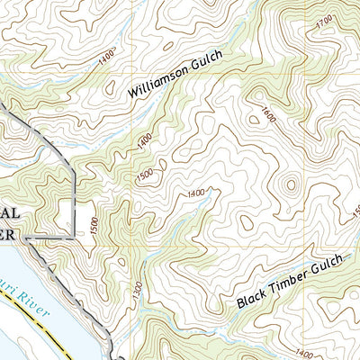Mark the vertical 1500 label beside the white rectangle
tap(94, 221)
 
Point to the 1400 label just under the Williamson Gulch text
tap(145, 139)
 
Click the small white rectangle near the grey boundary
tap(63, 215)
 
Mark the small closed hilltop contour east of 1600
tap(290, 186)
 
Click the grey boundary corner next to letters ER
tap(27, 238)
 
